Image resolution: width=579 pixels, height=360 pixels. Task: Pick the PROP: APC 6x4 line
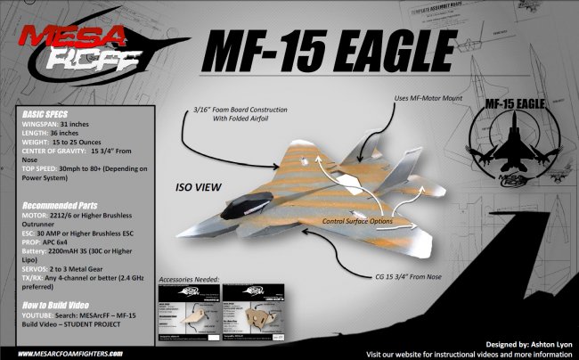pos(53,239)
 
